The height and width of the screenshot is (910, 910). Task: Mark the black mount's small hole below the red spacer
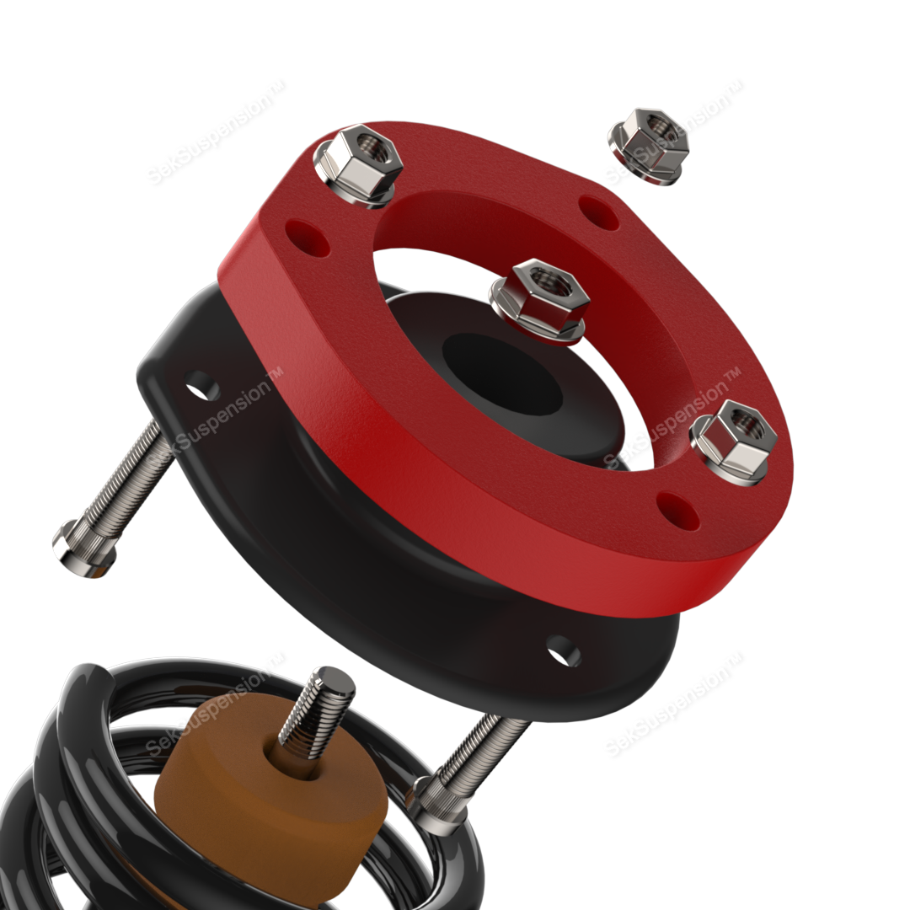coord(563,650)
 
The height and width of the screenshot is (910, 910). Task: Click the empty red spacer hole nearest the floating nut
coord(600,211)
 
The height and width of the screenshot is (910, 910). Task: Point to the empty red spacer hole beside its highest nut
coord(307,238)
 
